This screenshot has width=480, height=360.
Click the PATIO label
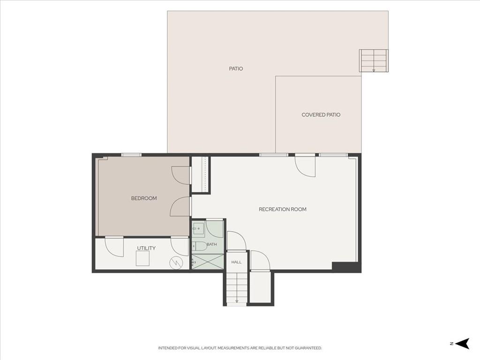click(x=236, y=68)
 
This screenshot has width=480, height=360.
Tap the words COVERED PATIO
click(x=321, y=115)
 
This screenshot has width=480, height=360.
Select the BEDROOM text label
click(x=144, y=198)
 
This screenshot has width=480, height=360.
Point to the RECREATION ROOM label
click(x=283, y=210)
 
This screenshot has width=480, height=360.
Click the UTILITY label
click(x=146, y=248)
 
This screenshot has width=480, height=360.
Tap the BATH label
click(x=212, y=244)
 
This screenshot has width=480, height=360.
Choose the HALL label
click(x=236, y=262)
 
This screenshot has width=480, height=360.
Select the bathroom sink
click(x=198, y=229)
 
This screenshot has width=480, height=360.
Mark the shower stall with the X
click(x=208, y=262)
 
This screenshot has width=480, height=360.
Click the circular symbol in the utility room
click(x=176, y=262)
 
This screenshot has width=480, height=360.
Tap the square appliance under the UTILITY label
click(x=142, y=258)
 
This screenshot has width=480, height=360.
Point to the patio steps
click(x=374, y=60)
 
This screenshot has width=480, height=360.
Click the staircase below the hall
click(x=236, y=288)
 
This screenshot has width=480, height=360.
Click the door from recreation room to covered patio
click(x=305, y=166)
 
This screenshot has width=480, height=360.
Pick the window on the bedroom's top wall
click(x=131, y=155)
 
